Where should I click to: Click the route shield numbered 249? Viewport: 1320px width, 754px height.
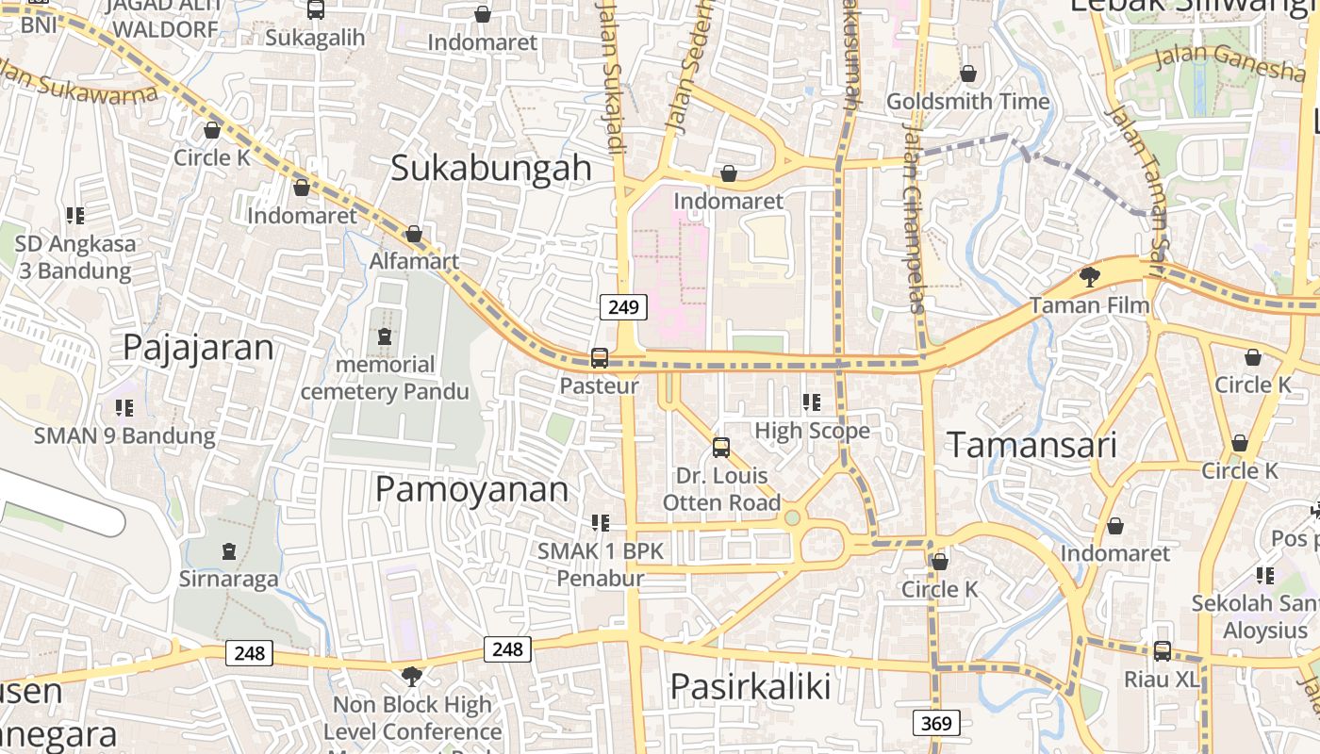pyautogui.click(x=623, y=306)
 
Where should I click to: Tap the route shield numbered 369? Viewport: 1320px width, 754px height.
pyautogui.click(x=936, y=723)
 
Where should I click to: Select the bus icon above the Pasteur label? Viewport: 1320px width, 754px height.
pyautogui.click(x=600, y=358)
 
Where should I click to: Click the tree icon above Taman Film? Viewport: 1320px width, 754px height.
pyautogui.click(x=1090, y=276)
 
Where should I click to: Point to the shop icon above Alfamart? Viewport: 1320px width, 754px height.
pyautogui.click(x=413, y=234)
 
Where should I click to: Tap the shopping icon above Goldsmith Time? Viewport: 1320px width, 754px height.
pyautogui.click(x=968, y=74)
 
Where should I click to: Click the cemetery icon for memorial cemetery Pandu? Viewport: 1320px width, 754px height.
pyautogui.click(x=384, y=336)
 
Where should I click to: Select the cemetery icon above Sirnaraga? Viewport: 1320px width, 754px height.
pyautogui.click(x=228, y=550)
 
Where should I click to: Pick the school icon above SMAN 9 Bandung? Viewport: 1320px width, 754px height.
pyautogui.click(x=124, y=407)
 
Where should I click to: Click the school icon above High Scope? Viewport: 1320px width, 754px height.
pyautogui.click(x=812, y=402)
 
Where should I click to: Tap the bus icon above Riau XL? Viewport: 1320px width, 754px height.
pyautogui.click(x=1162, y=650)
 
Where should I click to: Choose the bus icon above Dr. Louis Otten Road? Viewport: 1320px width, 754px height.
pyautogui.click(x=721, y=447)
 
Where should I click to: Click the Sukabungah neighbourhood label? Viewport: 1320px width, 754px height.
pyautogui.click(x=490, y=168)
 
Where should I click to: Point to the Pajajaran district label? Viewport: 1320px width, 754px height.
pyautogui.click(x=198, y=347)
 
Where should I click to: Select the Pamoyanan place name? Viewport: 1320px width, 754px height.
pyautogui.click(x=471, y=489)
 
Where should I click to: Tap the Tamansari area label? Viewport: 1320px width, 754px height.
pyautogui.click(x=1031, y=445)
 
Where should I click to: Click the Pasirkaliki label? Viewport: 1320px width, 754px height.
pyautogui.click(x=751, y=686)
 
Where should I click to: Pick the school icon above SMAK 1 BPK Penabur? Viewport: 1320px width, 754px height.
pyautogui.click(x=600, y=522)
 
